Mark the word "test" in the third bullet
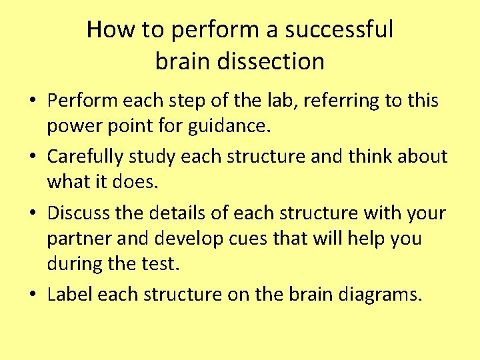(x=159, y=263)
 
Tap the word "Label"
(x=69, y=295)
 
